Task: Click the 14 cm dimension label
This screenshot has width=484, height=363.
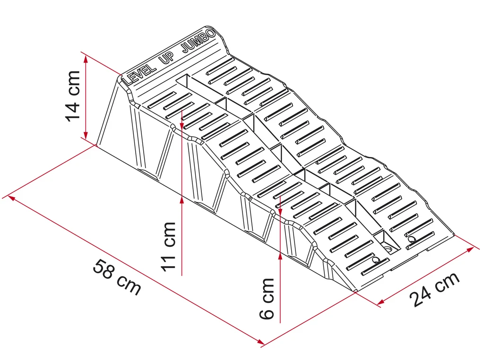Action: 73,96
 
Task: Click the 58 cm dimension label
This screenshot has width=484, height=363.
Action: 117,277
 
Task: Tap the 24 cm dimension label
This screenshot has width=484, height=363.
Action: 435,289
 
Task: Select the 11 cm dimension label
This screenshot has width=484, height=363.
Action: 168,247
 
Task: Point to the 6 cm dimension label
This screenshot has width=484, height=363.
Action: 267,299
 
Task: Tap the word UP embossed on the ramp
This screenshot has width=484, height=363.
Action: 167,58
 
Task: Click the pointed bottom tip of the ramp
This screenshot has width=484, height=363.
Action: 355,291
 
